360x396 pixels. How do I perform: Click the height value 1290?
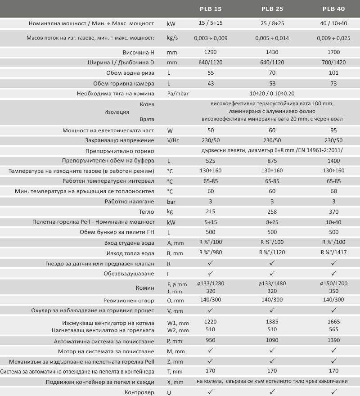pyautogui.click(x=211, y=52)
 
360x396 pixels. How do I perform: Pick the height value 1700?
pyautogui.click(x=334, y=52)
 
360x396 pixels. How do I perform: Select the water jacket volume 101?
pyautogui.click(x=334, y=72)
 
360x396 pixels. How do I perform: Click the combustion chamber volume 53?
pyautogui.click(x=272, y=84)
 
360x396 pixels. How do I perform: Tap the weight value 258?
pyautogui.click(x=272, y=211)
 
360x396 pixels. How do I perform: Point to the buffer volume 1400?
pyautogui.click(x=334, y=160)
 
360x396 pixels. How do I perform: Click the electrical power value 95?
pyautogui.click(x=334, y=130)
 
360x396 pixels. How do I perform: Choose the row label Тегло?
pyautogui.click(x=146, y=211)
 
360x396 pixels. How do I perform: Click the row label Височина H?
pyautogui.click(x=137, y=52)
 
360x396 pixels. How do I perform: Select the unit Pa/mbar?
pyautogui.click(x=177, y=94)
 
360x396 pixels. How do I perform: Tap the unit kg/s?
pyautogui.click(x=172, y=38)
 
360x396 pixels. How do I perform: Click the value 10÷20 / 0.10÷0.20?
pyautogui.click(x=272, y=94)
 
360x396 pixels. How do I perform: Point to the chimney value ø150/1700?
pyautogui.click(x=334, y=284)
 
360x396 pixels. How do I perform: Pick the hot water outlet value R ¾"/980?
pyautogui.click(x=211, y=253)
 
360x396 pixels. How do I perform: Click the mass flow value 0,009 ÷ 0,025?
pyautogui.click(x=334, y=38)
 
